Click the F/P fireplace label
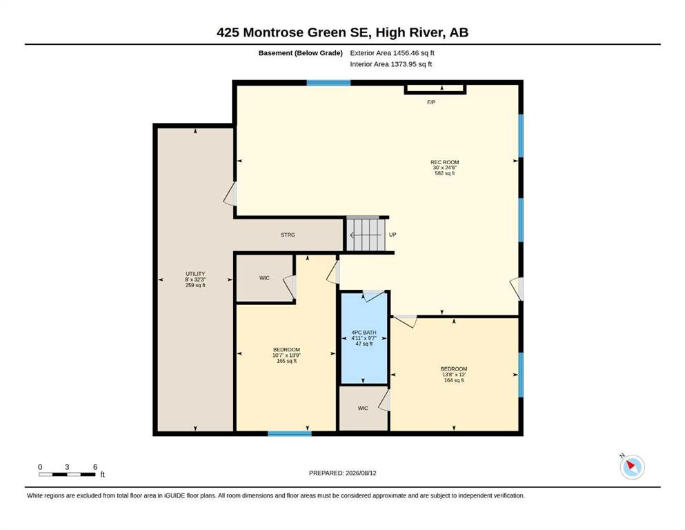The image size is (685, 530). (x=431, y=102)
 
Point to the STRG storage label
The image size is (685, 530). (x=288, y=235)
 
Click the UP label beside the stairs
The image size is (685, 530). (x=393, y=235)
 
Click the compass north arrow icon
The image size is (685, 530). (x=632, y=467)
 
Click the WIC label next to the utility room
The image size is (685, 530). (x=264, y=278)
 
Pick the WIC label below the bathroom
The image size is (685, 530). (x=363, y=408)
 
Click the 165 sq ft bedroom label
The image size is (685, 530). (x=286, y=355)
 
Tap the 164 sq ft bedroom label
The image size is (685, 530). (x=454, y=375)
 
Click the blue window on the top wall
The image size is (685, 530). (x=328, y=83)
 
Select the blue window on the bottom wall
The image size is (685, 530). (x=290, y=433)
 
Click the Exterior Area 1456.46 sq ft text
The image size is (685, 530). (x=392, y=53)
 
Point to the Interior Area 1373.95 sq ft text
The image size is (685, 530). (x=391, y=64)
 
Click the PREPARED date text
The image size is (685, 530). (x=342, y=473)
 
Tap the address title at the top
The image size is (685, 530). (x=342, y=32)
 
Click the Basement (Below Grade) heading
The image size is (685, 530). (x=301, y=53)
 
